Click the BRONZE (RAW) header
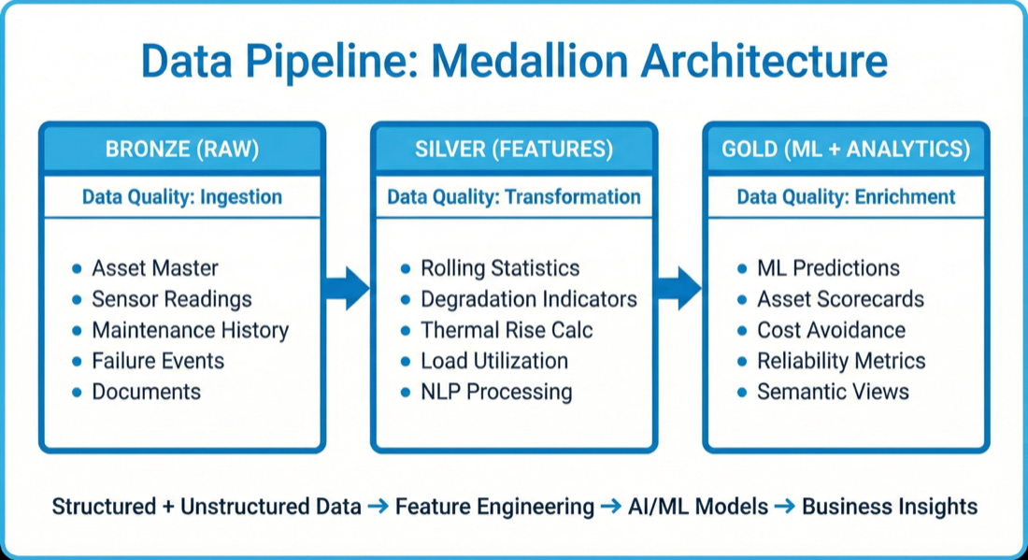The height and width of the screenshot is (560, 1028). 181,149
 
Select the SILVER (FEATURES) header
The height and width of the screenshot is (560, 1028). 514,149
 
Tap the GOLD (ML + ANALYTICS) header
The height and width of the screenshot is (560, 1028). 846,149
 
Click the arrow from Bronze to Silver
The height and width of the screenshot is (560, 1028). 347,287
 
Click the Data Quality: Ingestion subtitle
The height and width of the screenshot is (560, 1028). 181,197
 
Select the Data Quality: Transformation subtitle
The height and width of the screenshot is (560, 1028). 514,197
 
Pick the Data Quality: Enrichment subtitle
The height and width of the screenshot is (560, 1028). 846,197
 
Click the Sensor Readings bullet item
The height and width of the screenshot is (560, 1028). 171,299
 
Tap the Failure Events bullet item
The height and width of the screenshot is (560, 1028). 158,361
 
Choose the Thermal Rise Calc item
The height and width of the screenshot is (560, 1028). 507,330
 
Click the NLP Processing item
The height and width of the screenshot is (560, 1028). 496,392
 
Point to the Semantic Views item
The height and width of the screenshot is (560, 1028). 833,392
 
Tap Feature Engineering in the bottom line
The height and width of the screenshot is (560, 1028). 494,507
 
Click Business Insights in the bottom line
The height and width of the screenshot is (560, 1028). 890,507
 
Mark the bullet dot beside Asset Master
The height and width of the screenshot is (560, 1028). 77,269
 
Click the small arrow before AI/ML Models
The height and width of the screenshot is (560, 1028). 610,507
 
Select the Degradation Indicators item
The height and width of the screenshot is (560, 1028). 528,299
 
